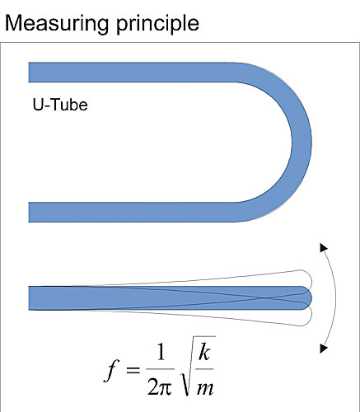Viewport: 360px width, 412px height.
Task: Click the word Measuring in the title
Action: click(x=57, y=24)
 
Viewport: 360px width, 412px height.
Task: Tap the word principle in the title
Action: click(x=157, y=24)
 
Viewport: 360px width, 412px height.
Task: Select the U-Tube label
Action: click(x=60, y=105)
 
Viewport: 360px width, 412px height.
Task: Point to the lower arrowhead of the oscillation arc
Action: click(x=324, y=349)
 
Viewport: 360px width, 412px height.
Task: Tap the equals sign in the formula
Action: click(x=133, y=370)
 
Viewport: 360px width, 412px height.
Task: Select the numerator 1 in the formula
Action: click(x=161, y=352)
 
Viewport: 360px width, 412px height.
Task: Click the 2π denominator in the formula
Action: click(x=160, y=386)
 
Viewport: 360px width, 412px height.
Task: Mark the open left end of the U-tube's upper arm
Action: click(x=29, y=73)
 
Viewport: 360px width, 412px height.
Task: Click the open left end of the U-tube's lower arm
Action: click(x=29, y=212)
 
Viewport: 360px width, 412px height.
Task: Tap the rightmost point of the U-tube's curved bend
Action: click(x=311, y=143)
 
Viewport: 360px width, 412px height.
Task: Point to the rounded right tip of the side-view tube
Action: click(x=311, y=298)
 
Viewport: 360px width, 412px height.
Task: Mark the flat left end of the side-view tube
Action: click(x=29, y=298)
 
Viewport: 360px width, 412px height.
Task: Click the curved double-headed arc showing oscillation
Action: click(x=336, y=298)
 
